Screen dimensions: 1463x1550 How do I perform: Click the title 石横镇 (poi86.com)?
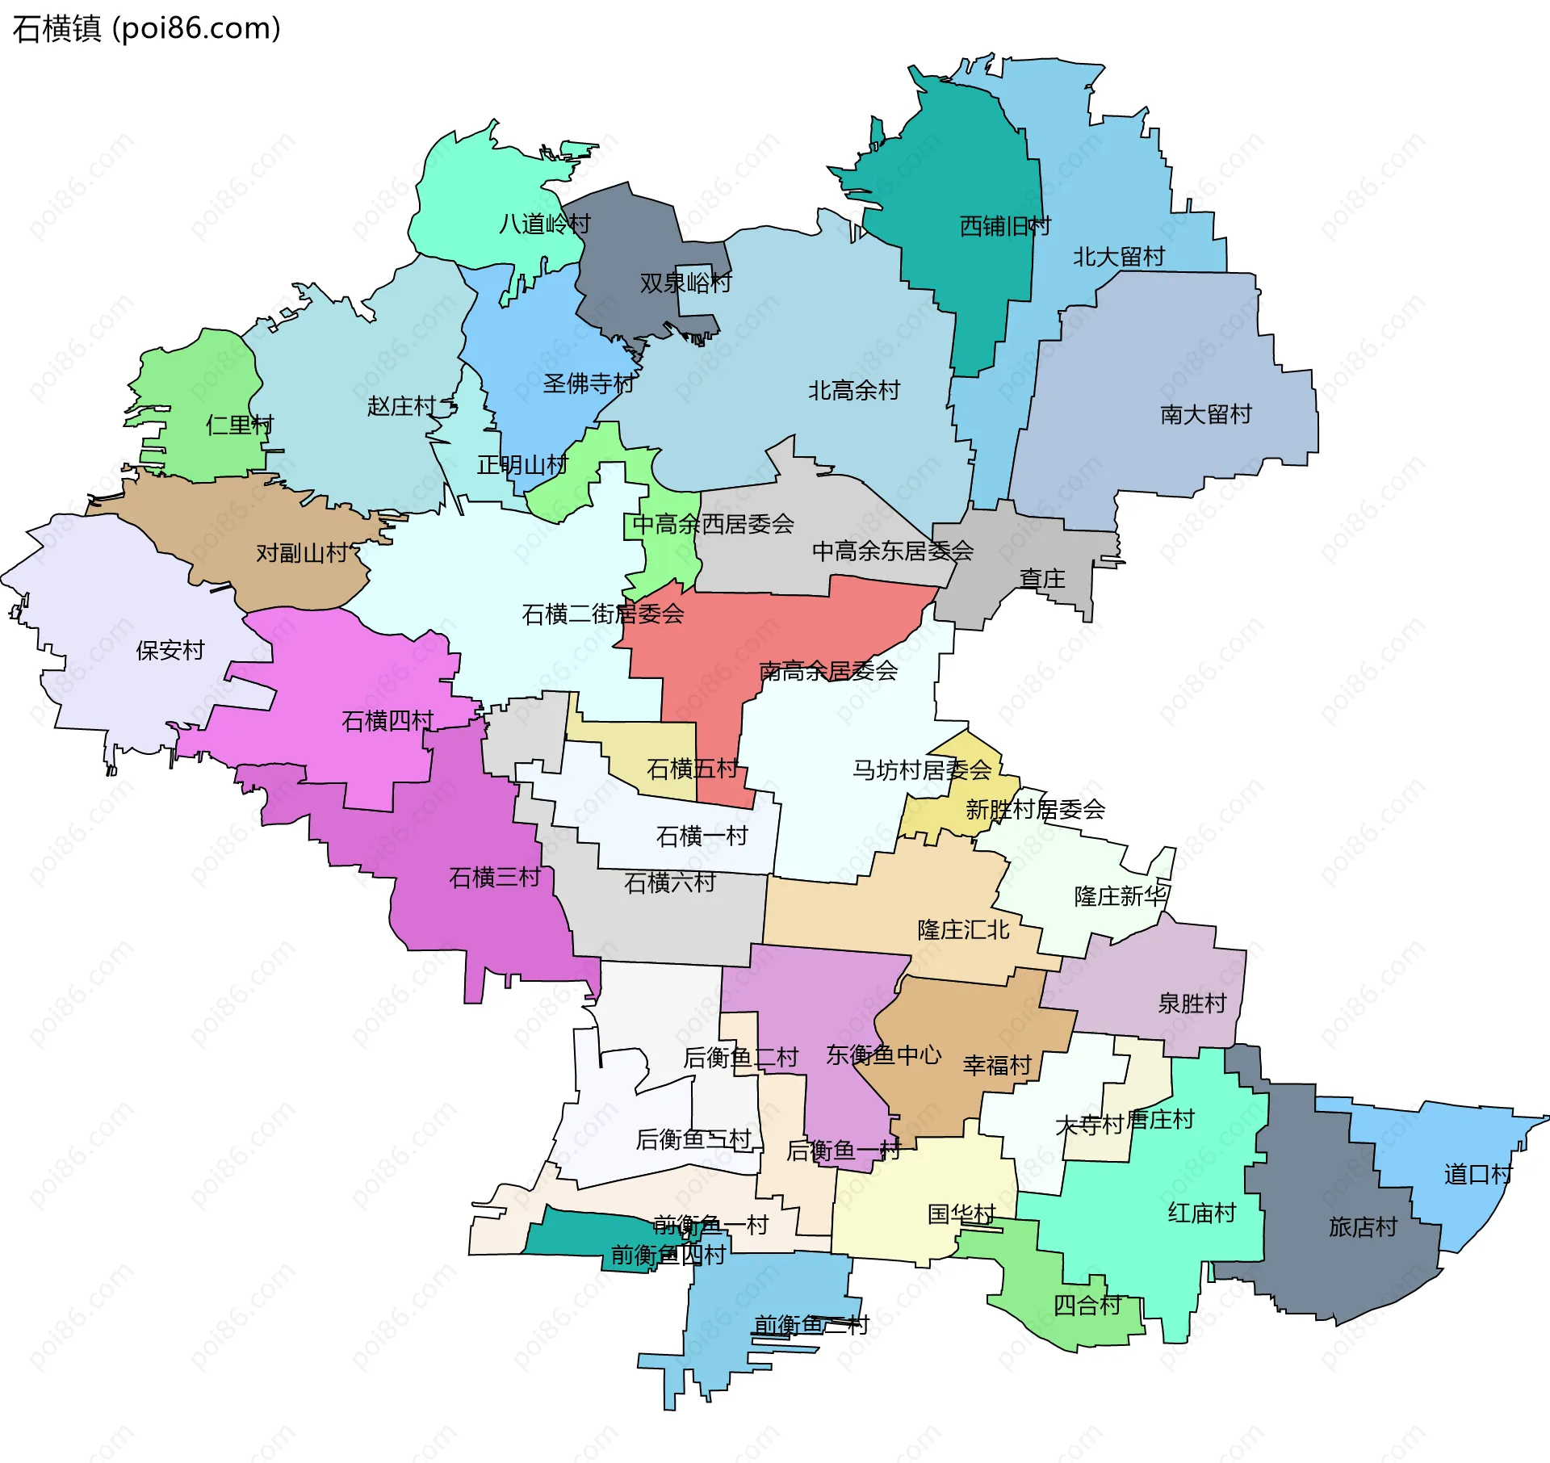[147, 29]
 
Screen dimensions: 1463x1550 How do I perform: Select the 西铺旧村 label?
[1004, 227]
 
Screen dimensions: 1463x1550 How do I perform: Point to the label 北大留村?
[1118, 257]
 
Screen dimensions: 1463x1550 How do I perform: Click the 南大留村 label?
[1205, 415]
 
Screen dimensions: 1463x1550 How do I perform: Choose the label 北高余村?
[854, 391]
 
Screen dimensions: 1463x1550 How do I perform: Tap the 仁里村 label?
[240, 425]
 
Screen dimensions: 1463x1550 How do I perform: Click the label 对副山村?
[301, 553]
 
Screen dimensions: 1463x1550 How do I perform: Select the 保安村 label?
[170, 650]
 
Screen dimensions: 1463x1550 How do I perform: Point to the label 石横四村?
[387, 720]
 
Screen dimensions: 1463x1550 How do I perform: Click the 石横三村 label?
[494, 877]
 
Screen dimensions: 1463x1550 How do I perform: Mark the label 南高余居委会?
[828, 671]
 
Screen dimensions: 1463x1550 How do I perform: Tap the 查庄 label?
[1041, 579]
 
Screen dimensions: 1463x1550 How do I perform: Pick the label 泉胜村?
[1192, 1004]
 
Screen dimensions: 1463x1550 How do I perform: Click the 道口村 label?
[1478, 1174]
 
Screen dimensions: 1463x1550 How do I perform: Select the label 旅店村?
[1363, 1227]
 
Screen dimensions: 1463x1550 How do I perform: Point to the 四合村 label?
[1087, 1306]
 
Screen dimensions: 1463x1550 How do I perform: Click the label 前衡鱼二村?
[811, 1325]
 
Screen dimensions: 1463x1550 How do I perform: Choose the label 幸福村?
[997, 1066]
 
